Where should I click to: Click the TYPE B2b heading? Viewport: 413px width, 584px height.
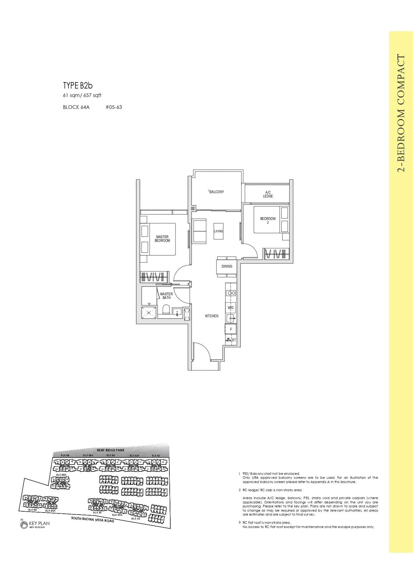click(78, 85)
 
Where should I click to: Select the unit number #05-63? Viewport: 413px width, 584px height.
click(114, 107)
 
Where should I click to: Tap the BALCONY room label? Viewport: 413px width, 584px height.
click(216, 192)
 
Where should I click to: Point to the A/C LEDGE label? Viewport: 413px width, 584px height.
click(268, 194)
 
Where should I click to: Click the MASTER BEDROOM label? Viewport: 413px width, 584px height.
click(162, 239)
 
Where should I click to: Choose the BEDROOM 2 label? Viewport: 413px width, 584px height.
click(268, 220)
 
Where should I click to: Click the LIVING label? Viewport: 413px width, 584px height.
click(218, 231)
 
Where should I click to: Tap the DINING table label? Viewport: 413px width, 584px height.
click(227, 266)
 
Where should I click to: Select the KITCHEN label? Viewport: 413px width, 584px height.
click(211, 316)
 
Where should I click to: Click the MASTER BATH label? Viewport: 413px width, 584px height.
click(166, 296)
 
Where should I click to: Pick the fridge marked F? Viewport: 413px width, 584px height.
click(231, 329)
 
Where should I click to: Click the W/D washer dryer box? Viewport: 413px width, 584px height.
click(231, 308)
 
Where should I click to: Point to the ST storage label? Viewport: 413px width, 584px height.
click(234, 340)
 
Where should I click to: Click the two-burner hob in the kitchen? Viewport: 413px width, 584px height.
click(231, 293)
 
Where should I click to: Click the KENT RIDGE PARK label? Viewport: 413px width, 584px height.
click(111, 450)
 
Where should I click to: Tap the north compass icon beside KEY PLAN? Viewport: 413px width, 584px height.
click(24, 525)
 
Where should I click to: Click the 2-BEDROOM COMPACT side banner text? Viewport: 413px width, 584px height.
click(401, 113)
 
